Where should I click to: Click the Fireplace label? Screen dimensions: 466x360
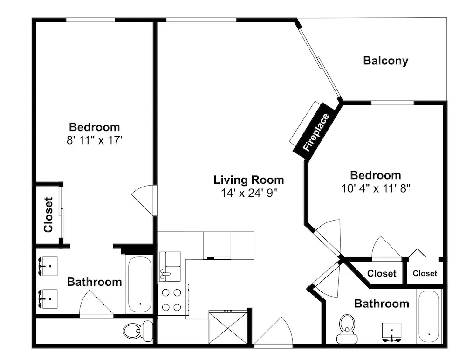coord(316,132)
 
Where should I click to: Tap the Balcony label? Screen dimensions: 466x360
coord(385,61)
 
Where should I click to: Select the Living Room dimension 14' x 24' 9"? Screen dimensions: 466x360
coord(249,193)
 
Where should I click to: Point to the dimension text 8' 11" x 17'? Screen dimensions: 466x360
coord(95,140)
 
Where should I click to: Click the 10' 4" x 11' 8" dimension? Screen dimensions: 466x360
coord(376,188)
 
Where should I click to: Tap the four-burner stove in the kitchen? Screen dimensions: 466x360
coord(173,299)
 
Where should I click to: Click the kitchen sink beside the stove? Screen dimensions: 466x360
coord(170,266)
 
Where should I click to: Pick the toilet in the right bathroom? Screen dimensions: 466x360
coord(347,329)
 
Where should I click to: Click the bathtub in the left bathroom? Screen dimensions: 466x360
coord(139,284)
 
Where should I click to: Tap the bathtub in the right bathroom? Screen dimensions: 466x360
coord(429,317)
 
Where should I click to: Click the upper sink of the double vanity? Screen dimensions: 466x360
coord(48,266)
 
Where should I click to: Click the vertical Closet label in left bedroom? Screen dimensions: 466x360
coord(48,215)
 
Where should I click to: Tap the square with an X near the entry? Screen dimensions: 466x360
coord(228,327)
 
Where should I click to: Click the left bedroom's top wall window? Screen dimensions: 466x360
coord(90,20)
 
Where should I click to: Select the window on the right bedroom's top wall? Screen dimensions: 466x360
coord(392,103)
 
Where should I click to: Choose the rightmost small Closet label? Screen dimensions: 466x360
coord(425,273)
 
